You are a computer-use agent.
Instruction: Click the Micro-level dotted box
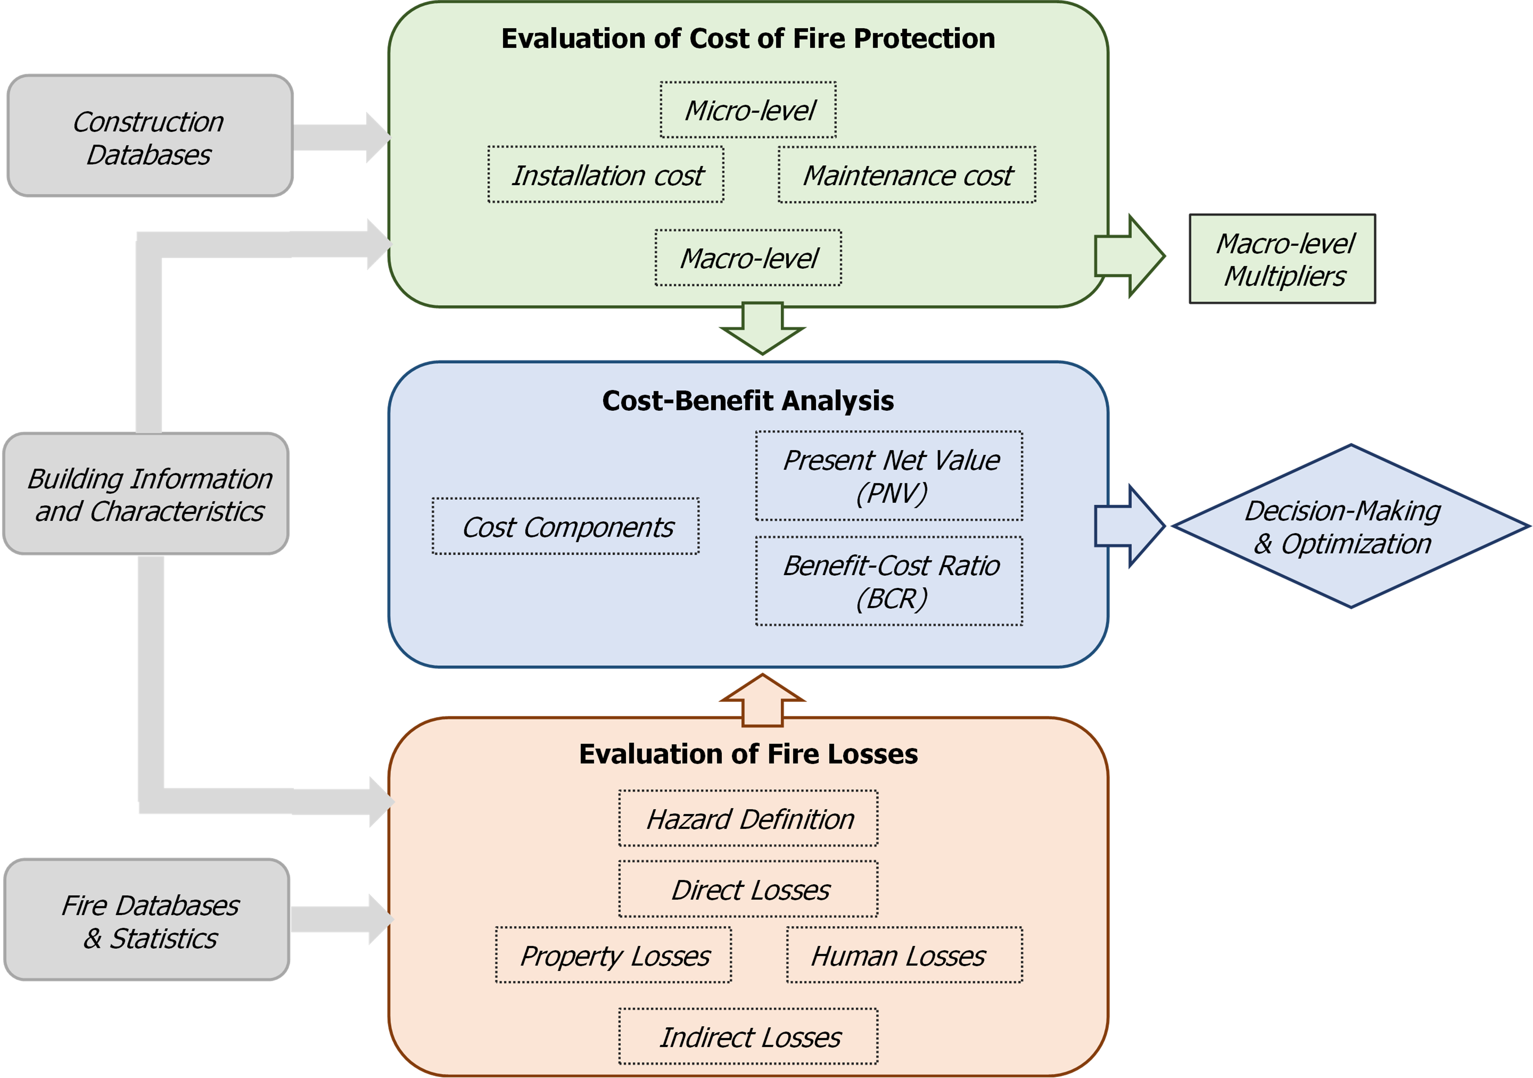coord(748,110)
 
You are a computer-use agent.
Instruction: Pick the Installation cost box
coord(605,175)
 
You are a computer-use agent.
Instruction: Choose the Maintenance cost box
coord(907,175)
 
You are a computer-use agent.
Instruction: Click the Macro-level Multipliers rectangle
coord(1282,259)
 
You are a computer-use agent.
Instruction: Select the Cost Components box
coord(565,526)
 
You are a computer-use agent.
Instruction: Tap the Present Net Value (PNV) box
coord(888,475)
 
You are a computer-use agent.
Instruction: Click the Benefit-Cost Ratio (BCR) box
coord(888,581)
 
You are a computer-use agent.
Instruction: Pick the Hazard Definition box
coord(748,818)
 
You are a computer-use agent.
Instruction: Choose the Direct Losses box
coord(748,889)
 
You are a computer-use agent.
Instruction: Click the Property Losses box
coord(613,955)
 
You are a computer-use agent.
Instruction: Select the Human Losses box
coord(904,955)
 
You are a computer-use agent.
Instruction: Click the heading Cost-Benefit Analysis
coord(748,400)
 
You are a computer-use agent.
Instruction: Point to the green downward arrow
coord(762,327)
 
